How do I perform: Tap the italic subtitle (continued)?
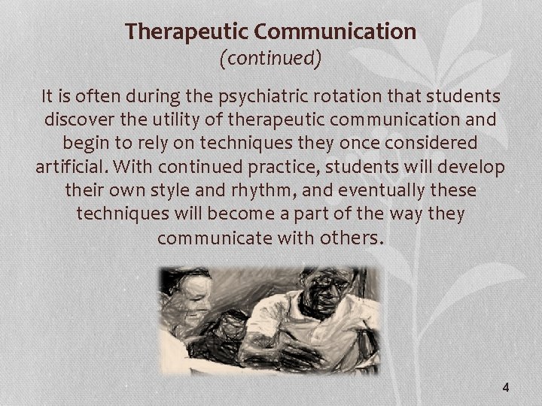coord(270,59)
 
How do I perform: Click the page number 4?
coord(505,388)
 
